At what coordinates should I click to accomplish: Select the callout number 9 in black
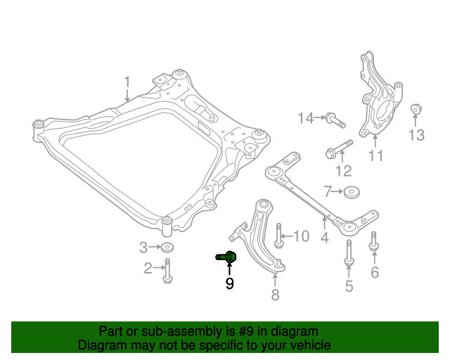point(229,284)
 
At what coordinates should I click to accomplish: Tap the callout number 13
point(416,134)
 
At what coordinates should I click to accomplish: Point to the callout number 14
point(305,118)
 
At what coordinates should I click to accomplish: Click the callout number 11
point(376,156)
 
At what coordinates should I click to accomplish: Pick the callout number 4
point(324,238)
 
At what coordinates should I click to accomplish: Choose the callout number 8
point(275,295)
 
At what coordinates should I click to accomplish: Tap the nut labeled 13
point(415,109)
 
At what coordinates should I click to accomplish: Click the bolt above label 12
point(339,150)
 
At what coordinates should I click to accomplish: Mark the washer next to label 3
point(167,247)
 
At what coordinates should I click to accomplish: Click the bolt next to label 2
point(167,270)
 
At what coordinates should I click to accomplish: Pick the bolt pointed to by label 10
point(279,236)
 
